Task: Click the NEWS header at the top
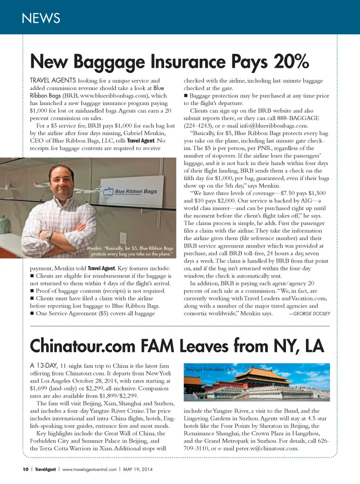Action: (41, 18)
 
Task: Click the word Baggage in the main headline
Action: (109, 63)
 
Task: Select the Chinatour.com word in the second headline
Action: (82, 346)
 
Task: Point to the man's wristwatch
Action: (48, 236)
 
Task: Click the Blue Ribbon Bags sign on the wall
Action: (130, 192)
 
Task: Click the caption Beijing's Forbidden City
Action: (209, 369)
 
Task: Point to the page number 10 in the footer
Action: (25, 469)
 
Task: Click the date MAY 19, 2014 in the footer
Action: (138, 469)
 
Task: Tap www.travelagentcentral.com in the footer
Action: (89, 469)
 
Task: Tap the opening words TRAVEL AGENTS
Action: (53, 80)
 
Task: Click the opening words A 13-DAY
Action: (43, 366)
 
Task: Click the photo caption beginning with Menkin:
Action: (130, 251)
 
